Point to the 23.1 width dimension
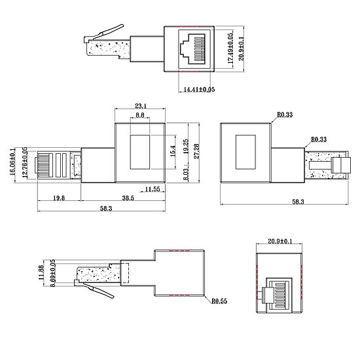click(x=140, y=105)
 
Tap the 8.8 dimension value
click(x=140, y=115)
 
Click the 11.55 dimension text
click(x=153, y=190)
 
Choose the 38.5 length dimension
click(x=127, y=198)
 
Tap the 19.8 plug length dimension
click(x=58, y=198)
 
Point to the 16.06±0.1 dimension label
click(x=14, y=160)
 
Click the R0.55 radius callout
click(x=219, y=302)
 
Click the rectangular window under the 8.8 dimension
click(x=140, y=150)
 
